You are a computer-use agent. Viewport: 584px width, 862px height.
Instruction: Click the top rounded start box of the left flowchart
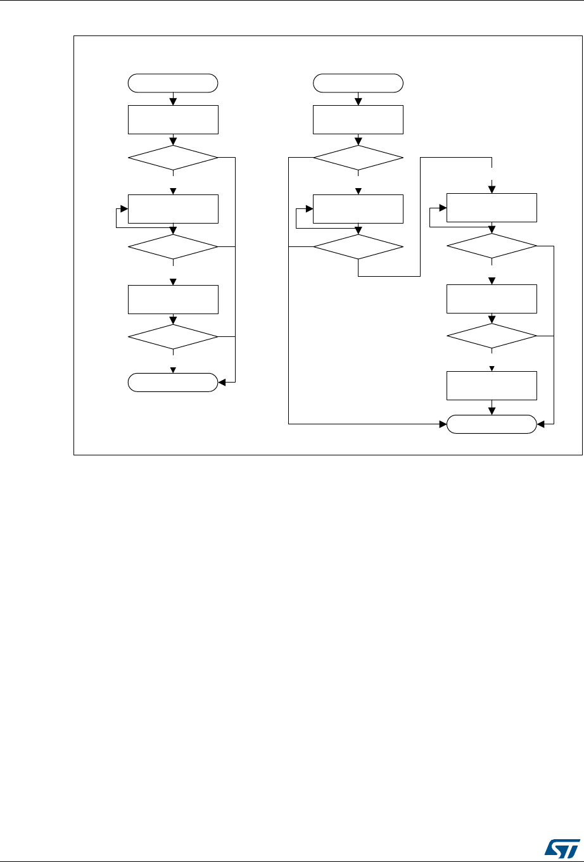tap(173, 83)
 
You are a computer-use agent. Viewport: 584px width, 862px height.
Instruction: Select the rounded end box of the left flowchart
tap(173, 383)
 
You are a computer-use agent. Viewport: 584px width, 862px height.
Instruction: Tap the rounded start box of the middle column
tap(358, 83)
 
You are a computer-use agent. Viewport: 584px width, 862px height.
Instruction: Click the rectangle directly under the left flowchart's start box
tap(173, 120)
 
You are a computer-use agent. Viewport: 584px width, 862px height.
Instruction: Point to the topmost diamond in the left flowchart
tap(173, 157)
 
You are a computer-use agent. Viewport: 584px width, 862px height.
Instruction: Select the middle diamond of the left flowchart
tap(173, 246)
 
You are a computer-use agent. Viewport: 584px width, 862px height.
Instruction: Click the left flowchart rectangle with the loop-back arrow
tap(173, 209)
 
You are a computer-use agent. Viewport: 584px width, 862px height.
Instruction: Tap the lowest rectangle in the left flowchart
tap(173, 299)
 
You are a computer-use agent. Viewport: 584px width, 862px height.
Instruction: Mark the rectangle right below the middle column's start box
tap(358, 120)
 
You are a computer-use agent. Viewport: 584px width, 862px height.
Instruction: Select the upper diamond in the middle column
tap(358, 157)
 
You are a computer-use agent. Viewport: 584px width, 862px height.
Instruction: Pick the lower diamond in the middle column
tap(358, 246)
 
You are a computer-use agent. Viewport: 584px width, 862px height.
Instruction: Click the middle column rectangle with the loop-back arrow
tap(358, 209)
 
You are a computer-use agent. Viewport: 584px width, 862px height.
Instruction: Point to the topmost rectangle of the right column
tap(492, 208)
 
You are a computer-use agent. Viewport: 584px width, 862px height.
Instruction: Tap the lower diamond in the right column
tap(492, 336)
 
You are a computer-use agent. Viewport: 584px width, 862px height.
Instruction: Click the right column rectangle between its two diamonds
tap(492, 299)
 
